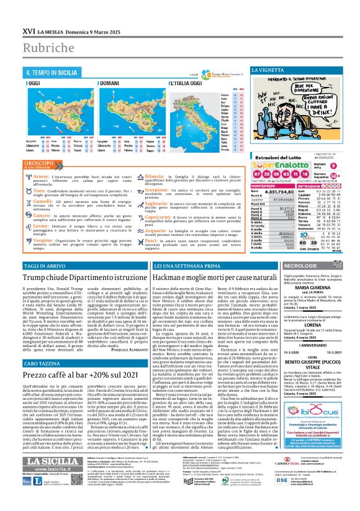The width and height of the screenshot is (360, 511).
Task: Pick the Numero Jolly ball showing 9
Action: coord(333,183)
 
